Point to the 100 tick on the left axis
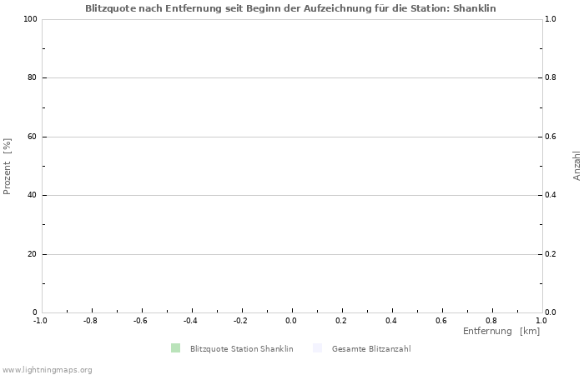pos(30,19)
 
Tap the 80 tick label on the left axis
pos(33,78)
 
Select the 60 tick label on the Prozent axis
pos(33,137)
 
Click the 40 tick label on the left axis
pos(33,196)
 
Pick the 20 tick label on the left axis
pos(33,254)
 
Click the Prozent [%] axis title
pos(8,167)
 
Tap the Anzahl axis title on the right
pos(576,166)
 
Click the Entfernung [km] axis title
pos(501,332)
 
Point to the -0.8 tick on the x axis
pos(90,320)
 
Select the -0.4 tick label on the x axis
pos(190,320)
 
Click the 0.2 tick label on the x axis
pos(341,320)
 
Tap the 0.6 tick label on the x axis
pos(441,320)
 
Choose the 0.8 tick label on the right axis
pos(551,78)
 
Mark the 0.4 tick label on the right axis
pos(551,196)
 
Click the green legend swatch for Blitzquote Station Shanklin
pos(175,348)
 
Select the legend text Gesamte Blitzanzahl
pos(370,349)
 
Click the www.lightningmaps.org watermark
pos(48,369)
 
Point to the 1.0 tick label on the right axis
pos(551,19)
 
